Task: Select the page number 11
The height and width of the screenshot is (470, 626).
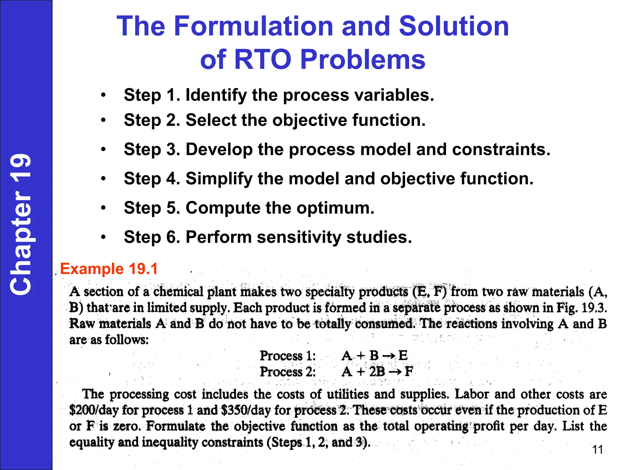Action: point(598,449)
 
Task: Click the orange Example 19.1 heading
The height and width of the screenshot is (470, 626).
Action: point(109,269)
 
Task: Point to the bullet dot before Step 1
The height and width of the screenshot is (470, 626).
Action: point(104,95)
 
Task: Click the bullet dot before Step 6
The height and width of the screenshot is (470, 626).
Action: point(104,237)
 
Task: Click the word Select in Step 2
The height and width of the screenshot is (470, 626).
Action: point(211,120)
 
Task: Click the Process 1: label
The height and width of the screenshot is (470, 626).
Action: point(288,356)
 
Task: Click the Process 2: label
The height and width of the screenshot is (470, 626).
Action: point(288,372)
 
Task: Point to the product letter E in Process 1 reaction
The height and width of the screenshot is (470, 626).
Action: point(403,356)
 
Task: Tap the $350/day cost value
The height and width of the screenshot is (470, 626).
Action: point(246,410)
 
